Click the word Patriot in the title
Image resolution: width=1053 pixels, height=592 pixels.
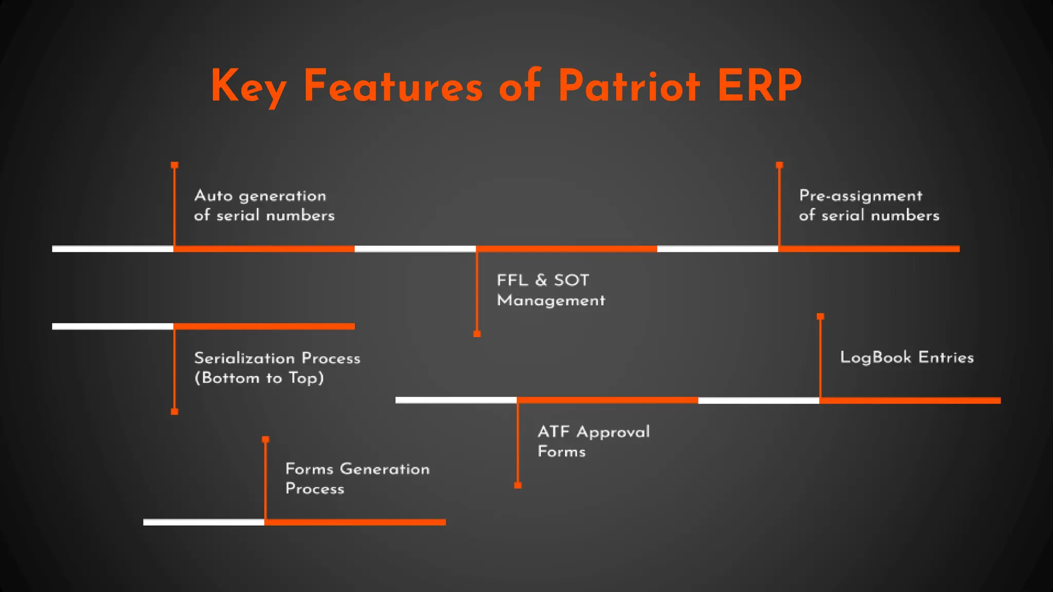point(628,86)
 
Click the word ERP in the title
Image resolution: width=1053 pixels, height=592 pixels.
point(759,86)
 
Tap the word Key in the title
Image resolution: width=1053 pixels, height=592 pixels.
point(248,86)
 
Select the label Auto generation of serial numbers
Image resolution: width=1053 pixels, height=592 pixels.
point(264,206)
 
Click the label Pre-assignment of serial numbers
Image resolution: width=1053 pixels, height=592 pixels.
point(869,206)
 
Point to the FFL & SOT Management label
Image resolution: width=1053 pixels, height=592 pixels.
point(551,290)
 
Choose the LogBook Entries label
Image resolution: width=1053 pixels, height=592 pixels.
point(906,358)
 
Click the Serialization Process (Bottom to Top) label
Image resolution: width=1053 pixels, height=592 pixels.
point(277,368)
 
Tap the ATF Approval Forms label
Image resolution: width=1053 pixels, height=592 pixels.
point(593,441)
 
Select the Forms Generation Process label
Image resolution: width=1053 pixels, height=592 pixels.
point(357,478)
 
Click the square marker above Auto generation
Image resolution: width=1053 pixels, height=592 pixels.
point(175,165)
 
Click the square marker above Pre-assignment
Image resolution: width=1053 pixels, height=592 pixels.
point(779,165)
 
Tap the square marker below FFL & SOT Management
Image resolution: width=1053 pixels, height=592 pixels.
point(477,334)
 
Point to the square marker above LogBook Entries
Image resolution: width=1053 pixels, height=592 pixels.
point(821,317)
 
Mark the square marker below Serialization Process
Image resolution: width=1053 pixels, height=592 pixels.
point(175,412)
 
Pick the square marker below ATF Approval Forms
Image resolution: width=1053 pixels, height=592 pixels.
point(518,486)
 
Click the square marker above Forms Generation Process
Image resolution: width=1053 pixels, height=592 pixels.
point(265,439)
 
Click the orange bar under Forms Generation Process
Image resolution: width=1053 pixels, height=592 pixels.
point(355,522)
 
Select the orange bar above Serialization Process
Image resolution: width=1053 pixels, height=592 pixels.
point(264,326)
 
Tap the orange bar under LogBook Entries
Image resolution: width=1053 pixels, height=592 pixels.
point(910,400)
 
